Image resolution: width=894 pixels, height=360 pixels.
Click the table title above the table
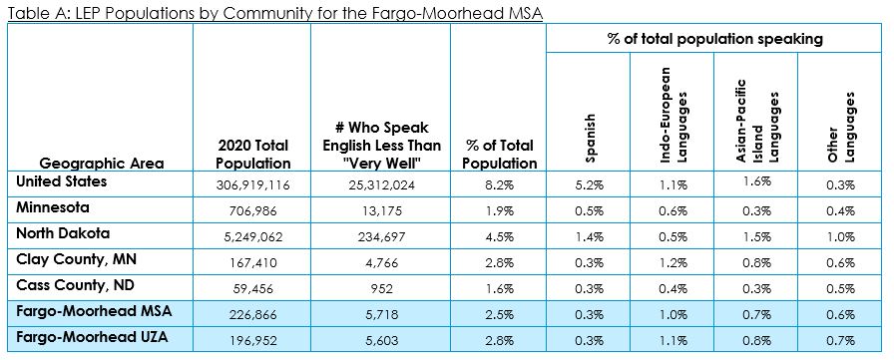[x=274, y=12]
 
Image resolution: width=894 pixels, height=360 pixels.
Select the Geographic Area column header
[x=102, y=164]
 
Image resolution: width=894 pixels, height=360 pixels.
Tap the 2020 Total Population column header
[x=252, y=155]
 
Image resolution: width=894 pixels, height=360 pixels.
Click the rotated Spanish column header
[x=590, y=138]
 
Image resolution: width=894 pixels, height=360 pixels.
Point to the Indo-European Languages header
[x=671, y=116]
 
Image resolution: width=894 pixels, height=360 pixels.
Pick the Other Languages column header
[x=842, y=128]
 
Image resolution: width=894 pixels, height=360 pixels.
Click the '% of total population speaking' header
[x=714, y=39]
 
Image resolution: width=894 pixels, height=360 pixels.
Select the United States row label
[x=62, y=181]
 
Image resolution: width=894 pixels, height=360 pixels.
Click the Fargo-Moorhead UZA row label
[x=92, y=337]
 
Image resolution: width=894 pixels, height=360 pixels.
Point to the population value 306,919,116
[x=252, y=184]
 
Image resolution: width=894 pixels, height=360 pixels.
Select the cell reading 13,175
[x=380, y=210]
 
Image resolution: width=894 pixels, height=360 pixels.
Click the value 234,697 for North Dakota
[x=380, y=237]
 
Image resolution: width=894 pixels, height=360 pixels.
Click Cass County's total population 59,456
[x=252, y=289]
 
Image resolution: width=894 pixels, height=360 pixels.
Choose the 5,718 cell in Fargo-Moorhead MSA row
[x=380, y=314]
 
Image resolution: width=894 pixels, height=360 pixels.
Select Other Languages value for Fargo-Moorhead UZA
[x=841, y=341]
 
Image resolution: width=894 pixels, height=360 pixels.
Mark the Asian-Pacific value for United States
[x=757, y=181]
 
